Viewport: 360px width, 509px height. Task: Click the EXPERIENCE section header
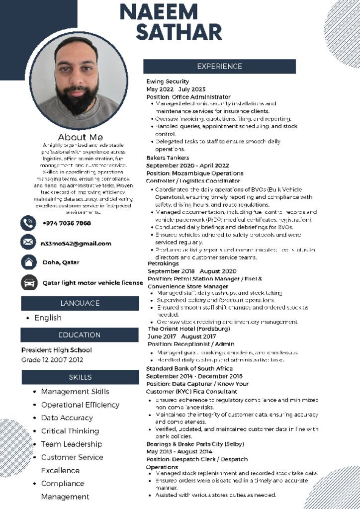click(x=219, y=67)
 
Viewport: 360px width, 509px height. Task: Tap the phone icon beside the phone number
click(x=28, y=223)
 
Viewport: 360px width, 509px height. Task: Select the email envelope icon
click(x=28, y=242)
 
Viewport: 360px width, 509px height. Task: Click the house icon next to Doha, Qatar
click(x=28, y=262)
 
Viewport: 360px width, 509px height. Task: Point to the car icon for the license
click(x=28, y=282)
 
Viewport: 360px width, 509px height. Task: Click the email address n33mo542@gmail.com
click(x=76, y=244)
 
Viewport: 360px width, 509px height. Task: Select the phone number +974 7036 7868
click(x=67, y=223)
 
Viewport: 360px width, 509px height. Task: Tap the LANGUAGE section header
click(x=80, y=303)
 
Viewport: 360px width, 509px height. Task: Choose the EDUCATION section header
click(x=80, y=335)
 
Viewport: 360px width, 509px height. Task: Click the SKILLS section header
click(x=80, y=377)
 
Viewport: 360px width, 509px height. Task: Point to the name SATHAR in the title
click(x=179, y=32)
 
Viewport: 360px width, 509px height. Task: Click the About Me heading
click(x=80, y=137)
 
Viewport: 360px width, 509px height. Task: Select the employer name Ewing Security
click(x=168, y=82)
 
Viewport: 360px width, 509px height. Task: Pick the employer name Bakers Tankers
click(x=168, y=158)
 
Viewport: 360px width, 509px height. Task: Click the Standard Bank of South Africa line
click(x=189, y=368)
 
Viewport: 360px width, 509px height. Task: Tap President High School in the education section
click(x=56, y=350)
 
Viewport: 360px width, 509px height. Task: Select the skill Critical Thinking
click(x=70, y=431)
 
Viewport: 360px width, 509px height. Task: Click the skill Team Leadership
click(x=72, y=444)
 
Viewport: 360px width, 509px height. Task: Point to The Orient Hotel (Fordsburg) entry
click(x=189, y=329)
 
